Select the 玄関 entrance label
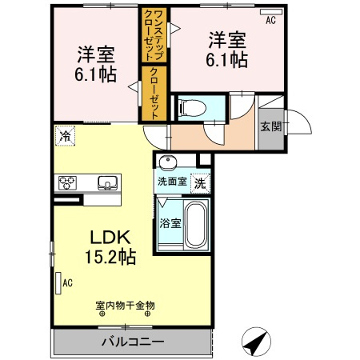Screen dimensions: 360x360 click(x=270, y=126)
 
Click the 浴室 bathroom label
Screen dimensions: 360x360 click(x=169, y=222)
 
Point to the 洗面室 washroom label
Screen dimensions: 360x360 click(x=171, y=182)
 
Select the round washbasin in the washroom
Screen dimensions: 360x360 click(x=168, y=163)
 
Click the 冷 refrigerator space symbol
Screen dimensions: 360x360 click(x=63, y=136)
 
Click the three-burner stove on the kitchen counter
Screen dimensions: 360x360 click(x=66, y=182)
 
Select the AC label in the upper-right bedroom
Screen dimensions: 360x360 click(x=270, y=20)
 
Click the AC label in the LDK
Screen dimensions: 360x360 click(x=68, y=282)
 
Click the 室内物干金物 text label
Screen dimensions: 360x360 click(x=125, y=304)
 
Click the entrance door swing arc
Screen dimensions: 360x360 click(x=298, y=122)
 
